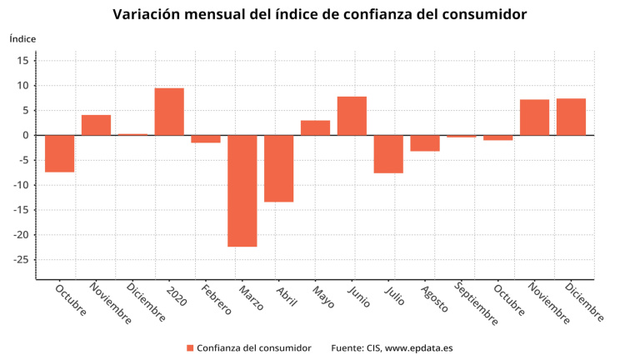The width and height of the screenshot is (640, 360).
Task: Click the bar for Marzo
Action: [242, 191]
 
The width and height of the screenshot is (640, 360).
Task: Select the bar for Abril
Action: [279, 168]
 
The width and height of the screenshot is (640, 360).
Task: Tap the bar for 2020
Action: [169, 112]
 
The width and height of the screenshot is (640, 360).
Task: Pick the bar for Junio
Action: [352, 116]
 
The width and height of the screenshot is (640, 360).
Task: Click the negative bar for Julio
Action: [388, 154]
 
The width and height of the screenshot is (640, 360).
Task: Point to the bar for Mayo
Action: [315, 127]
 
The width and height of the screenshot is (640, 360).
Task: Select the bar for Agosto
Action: [425, 143]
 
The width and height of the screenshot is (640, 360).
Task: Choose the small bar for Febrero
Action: [206, 139]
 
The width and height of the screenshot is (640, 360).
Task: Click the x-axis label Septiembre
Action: [477, 305]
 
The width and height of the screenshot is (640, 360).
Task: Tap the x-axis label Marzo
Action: [251, 297]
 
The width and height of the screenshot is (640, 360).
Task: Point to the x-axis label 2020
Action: [177, 295]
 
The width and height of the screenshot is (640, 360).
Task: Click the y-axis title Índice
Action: [22, 38]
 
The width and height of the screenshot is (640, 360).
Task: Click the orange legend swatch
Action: [190, 347]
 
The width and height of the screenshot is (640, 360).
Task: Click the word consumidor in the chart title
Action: [479, 15]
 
